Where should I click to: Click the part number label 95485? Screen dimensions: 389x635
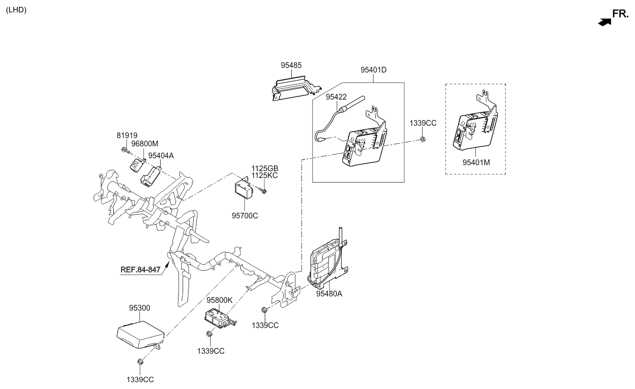(x=291, y=66)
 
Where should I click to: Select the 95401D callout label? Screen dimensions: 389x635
(x=373, y=70)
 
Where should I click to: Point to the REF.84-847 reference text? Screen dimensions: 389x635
(x=140, y=270)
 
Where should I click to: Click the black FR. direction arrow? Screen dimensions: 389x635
(x=605, y=21)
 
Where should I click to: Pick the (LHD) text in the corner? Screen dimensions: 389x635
(x=16, y=10)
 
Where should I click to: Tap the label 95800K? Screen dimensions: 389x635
(x=219, y=300)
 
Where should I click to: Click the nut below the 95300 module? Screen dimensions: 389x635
(x=140, y=362)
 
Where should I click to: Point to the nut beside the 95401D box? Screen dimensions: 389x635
(x=423, y=139)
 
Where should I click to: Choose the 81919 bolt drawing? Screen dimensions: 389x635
(x=125, y=150)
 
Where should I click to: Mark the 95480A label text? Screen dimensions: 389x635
(x=329, y=294)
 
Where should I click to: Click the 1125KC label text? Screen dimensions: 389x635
(x=264, y=175)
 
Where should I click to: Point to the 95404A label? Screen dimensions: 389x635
(x=161, y=156)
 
